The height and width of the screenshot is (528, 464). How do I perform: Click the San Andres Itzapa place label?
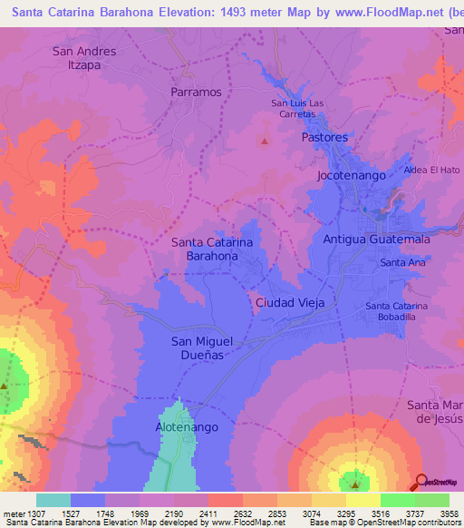pos(84,58)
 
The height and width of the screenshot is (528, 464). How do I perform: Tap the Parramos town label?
pos(197,92)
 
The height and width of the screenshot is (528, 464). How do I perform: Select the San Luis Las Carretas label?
pos(298,109)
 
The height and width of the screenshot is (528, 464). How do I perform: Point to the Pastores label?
pos(324,137)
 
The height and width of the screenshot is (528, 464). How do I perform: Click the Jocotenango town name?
pos(352,174)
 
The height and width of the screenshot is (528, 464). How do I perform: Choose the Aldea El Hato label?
pos(432,170)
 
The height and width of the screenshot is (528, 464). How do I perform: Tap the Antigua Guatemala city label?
pos(376,240)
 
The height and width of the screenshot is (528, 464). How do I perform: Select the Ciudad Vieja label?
pos(290,301)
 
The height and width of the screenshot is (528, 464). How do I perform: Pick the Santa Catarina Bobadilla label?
pos(403,312)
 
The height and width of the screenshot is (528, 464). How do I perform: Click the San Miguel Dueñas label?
pos(202,347)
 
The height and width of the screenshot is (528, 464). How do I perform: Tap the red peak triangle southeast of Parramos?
pos(265,141)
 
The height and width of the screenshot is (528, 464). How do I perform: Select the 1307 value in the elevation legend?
pos(23,513)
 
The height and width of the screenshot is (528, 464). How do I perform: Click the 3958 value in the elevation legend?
pos(449,513)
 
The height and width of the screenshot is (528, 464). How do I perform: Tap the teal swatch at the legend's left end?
pos(53,500)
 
